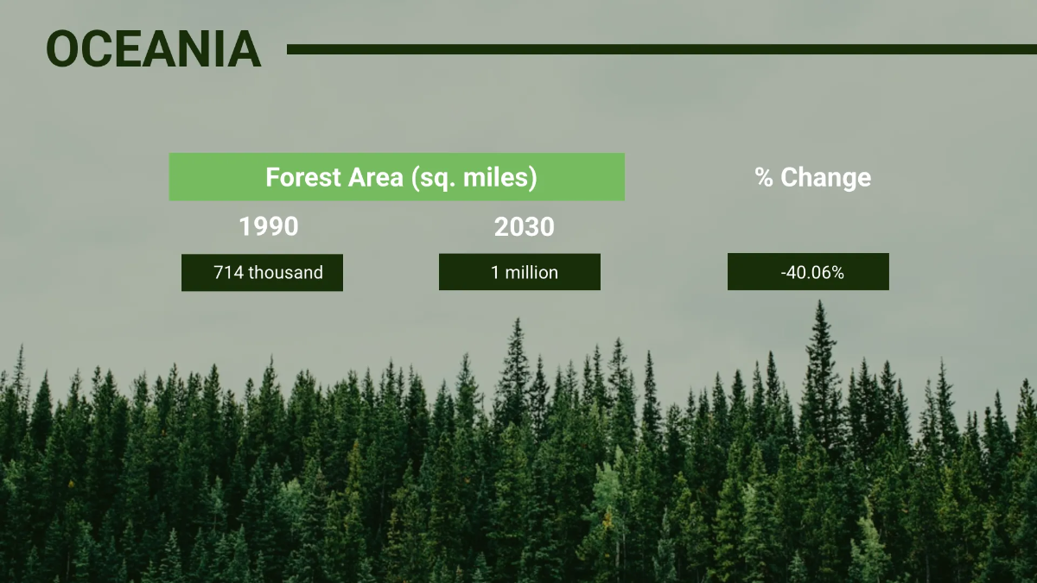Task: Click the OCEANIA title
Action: (x=154, y=48)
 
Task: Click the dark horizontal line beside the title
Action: (x=662, y=49)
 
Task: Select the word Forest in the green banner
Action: (x=302, y=177)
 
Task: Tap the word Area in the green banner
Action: (x=375, y=177)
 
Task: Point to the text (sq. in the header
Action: (x=433, y=178)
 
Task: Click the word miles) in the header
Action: (x=500, y=178)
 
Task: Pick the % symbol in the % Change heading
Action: (x=764, y=177)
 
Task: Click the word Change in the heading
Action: (x=826, y=178)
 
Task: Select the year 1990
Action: (x=269, y=226)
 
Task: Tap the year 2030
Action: (x=524, y=227)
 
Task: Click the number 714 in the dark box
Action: (x=229, y=273)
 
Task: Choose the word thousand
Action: (x=286, y=273)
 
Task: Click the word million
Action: (x=531, y=273)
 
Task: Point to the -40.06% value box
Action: (x=808, y=271)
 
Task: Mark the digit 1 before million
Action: (x=495, y=273)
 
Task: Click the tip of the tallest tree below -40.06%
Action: (x=820, y=301)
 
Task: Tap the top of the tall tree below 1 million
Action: (x=518, y=318)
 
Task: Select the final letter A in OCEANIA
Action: (x=244, y=48)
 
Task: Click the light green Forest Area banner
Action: (x=397, y=177)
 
